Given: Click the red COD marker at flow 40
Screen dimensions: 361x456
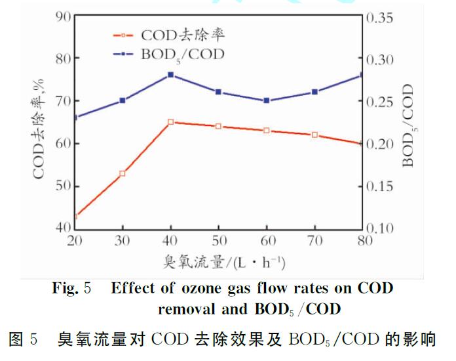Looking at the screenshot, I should pyautogui.click(x=170, y=122).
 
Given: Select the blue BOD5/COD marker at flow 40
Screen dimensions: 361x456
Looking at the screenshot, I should pyautogui.click(x=170, y=75).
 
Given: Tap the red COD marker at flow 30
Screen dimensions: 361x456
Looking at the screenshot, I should pyautogui.click(x=123, y=173).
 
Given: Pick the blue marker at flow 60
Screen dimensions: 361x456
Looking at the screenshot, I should pyautogui.click(x=266, y=100).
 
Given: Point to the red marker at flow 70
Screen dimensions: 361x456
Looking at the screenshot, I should pyautogui.click(x=314, y=135).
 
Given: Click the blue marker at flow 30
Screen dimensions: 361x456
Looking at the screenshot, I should pyautogui.click(x=123, y=100).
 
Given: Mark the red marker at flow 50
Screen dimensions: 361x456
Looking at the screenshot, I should pyautogui.click(x=218, y=126).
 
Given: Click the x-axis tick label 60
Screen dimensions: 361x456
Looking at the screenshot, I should pyautogui.click(x=266, y=241).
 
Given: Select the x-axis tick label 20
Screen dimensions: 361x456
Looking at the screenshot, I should pyautogui.click(x=74, y=241).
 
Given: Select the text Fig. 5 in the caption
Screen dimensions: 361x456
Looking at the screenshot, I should pyautogui.click(x=73, y=288).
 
